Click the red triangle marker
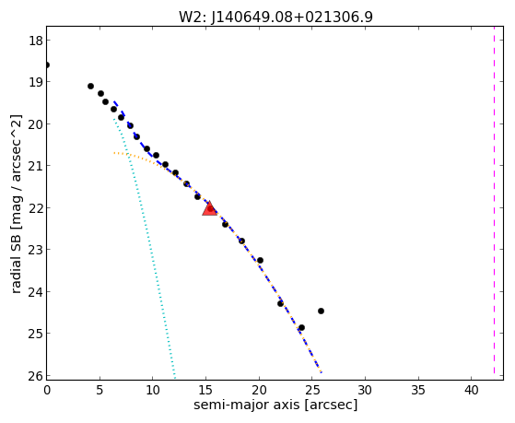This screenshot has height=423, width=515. point(209,208)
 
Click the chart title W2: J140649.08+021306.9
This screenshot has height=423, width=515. point(275,18)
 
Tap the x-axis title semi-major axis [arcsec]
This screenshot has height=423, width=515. point(275,405)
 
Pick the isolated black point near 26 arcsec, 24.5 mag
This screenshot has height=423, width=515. point(321,311)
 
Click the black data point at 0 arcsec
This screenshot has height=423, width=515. point(47,65)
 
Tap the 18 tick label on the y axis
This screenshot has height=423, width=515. point(36,41)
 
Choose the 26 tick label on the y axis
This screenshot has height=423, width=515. point(36,376)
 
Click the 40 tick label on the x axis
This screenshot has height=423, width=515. point(472,390)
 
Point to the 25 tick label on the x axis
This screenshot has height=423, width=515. point(311,390)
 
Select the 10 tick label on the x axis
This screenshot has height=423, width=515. point(152,390)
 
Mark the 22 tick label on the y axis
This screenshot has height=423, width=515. point(36,208)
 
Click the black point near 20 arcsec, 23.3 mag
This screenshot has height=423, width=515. point(260,260)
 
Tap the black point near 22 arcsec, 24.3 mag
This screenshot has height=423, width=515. point(280,303)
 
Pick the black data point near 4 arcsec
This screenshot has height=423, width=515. point(90,86)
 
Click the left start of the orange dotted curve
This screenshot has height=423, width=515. point(114,153)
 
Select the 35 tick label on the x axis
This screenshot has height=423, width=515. point(418,390)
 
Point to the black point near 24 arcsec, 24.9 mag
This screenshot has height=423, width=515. point(301,328)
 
